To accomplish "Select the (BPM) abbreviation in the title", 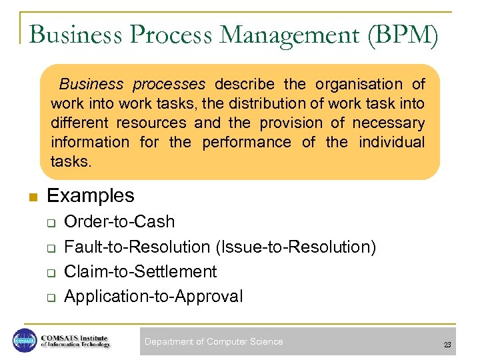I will click(x=402, y=35).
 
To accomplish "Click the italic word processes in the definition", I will click(x=169, y=85).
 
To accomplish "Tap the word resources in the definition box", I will click(x=151, y=123).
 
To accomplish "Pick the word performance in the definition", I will click(x=246, y=143).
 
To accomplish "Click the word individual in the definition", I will click(x=391, y=143).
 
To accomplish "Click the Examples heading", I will click(x=91, y=196).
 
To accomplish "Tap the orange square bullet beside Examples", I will click(x=32, y=197).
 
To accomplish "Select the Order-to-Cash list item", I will click(x=119, y=222).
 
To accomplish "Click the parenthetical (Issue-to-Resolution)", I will click(x=296, y=247).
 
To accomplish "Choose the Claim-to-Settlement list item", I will click(x=140, y=272).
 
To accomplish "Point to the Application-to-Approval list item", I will click(x=153, y=297).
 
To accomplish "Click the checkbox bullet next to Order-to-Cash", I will click(x=49, y=223).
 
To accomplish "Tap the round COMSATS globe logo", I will click(x=25, y=341).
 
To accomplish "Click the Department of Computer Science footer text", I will click(x=214, y=342).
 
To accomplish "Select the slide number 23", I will click(x=447, y=345).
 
